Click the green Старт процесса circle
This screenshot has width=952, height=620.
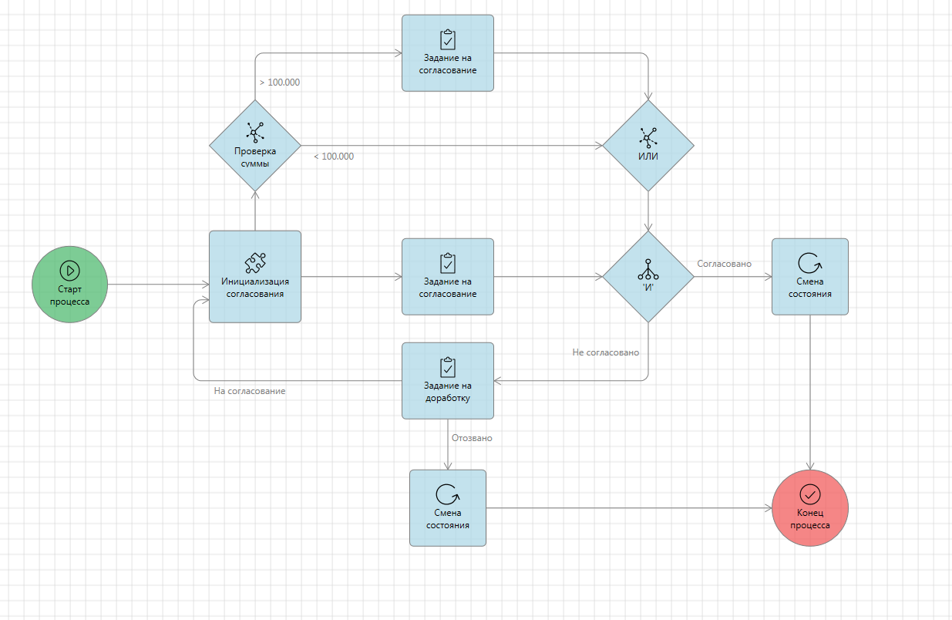[69, 285]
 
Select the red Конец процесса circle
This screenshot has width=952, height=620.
[809, 508]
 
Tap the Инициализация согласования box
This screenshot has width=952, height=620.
[255, 277]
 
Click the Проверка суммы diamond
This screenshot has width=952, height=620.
[255, 146]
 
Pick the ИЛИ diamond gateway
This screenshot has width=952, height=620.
[648, 146]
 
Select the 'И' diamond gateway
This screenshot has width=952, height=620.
[648, 277]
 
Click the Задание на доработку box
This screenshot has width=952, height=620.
[447, 381]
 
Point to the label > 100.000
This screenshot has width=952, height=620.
[279, 83]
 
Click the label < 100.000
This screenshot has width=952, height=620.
[334, 157]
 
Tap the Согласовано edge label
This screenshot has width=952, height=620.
[724, 264]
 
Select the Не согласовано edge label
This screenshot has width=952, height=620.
[605, 352]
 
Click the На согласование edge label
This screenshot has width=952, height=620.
[250, 391]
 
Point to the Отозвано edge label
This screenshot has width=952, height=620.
[472, 438]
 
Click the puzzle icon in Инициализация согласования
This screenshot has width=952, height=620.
[255, 262]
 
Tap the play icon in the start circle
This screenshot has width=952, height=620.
[69, 270]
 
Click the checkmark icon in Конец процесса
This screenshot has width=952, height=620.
[809, 494]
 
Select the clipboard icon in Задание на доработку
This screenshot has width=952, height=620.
[447, 366]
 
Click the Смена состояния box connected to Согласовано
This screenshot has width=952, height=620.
[809, 277]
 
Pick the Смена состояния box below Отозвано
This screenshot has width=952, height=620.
[447, 508]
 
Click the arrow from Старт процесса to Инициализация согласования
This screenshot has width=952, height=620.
[158, 285]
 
